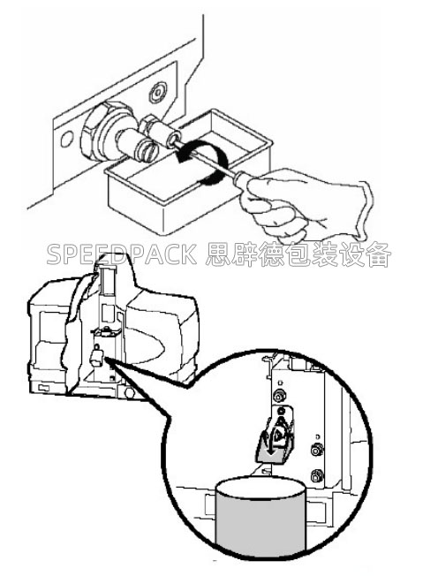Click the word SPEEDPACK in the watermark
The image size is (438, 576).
122,254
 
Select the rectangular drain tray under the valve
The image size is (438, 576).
188,172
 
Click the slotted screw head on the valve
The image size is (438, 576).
147,150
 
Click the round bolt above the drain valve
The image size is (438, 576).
158,92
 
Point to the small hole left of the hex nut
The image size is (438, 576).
67,140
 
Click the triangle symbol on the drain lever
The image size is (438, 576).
279,434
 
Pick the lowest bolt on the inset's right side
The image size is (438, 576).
315,475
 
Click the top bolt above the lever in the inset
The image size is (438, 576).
278,395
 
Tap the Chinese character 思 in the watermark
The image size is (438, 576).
217,254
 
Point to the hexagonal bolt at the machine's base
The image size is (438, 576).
130,392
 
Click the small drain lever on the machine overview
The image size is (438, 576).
97,356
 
